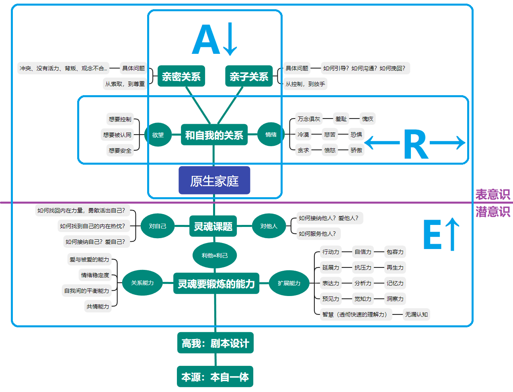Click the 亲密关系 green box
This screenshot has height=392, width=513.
pos(181,76)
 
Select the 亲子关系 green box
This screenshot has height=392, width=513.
pos(249,76)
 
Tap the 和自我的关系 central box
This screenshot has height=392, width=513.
pos(214,135)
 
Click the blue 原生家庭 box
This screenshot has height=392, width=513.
pos(214,181)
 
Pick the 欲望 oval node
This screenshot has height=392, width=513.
pos(158,135)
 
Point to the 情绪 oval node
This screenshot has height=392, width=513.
pos(271,135)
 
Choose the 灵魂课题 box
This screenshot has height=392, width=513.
pos(213,227)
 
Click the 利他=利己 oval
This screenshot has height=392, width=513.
pos(215,255)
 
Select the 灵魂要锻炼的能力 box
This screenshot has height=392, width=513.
pos(216,284)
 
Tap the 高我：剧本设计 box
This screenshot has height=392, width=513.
pos(215,343)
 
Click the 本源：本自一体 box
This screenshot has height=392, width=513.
pos(215,377)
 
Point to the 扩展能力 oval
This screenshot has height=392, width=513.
pos(289,283)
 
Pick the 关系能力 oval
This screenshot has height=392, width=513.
pos(142,283)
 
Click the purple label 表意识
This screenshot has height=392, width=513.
pos(492,195)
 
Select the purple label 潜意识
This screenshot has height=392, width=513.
pos(492,212)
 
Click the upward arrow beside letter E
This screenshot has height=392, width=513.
pos(452,234)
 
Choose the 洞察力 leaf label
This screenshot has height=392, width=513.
pos(395,299)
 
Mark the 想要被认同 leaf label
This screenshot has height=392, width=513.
pos(117,135)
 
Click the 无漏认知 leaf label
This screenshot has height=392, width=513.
pos(416,314)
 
